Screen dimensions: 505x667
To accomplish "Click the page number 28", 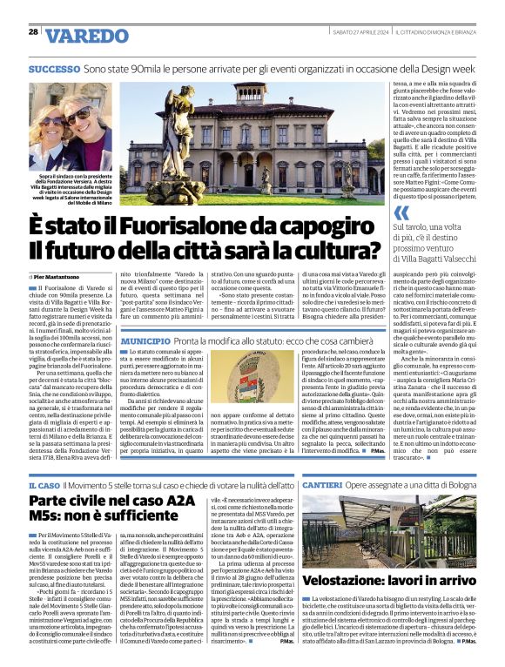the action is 33,32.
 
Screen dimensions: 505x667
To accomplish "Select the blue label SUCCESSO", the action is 54,68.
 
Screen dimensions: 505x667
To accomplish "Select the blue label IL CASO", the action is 44,484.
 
